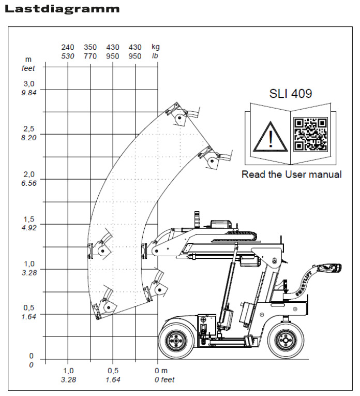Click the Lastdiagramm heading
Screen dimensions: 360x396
(x=62, y=9)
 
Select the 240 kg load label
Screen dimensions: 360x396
(x=68, y=47)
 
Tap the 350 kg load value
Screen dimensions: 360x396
(x=91, y=47)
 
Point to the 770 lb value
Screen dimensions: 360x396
(x=91, y=56)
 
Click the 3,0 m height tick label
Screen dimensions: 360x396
(x=29, y=83)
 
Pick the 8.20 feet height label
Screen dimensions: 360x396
(x=29, y=138)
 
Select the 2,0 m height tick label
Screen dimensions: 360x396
(x=29, y=174)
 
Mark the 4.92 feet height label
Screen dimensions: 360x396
(x=29, y=228)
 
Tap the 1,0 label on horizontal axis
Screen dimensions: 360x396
(x=68, y=371)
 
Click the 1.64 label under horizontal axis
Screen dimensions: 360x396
(x=113, y=379)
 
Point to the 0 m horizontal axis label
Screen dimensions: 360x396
(x=161, y=371)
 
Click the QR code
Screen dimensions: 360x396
(x=310, y=134)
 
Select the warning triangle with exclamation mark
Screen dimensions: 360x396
(x=270, y=136)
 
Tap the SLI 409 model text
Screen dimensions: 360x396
(x=291, y=94)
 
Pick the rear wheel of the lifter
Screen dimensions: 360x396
(x=286, y=340)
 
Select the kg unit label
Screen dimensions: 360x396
(x=156, y=47)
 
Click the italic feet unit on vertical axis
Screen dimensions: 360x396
(x=28, y=68)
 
